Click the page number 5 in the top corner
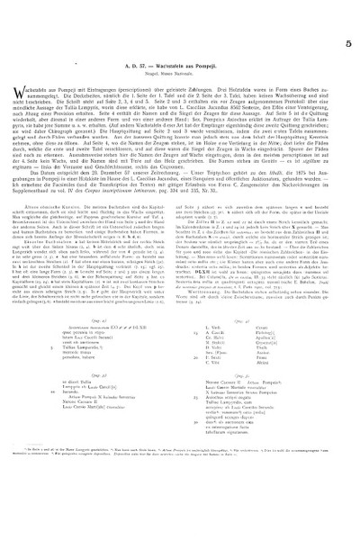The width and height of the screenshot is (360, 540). pyautogui.click(x=347, y=15)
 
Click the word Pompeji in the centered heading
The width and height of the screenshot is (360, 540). pyautogui.click(x=208, y=54)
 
